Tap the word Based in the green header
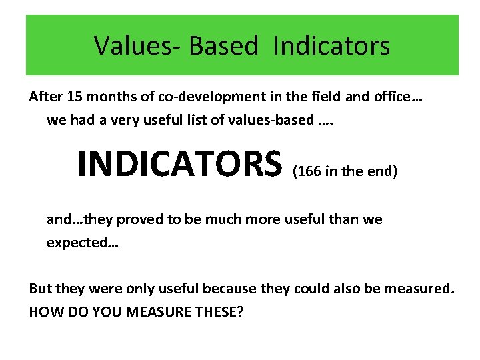tap(223, 46)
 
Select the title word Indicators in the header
tap(331, 46)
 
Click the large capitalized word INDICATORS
tap(180, 164)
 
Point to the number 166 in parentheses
tap(309, 171)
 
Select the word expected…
tap(82, 243)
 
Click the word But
tap(39, 289)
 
